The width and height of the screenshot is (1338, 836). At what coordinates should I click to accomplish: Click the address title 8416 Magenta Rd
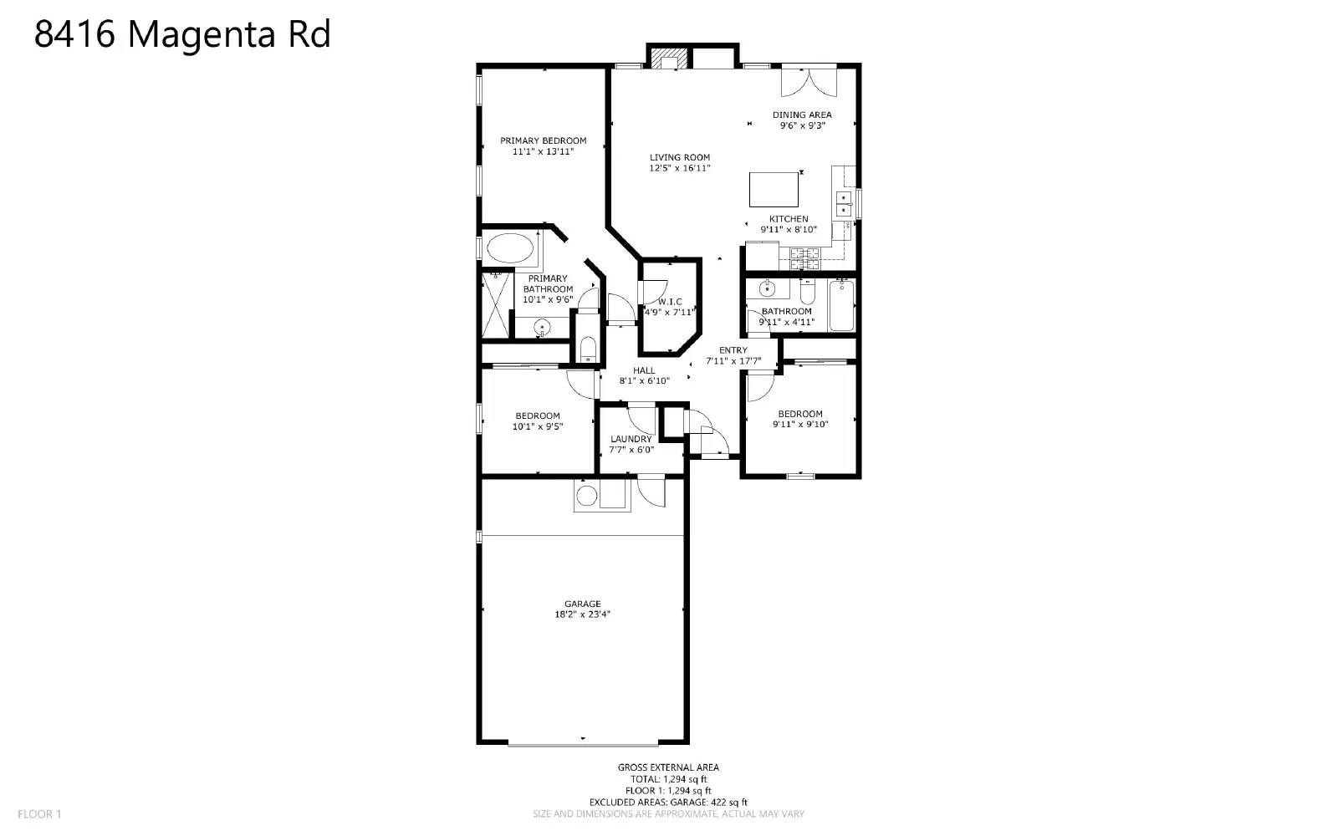point(182,35)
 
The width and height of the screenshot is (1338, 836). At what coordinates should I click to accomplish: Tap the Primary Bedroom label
point(543,140)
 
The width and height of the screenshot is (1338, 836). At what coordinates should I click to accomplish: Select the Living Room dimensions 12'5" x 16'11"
point(680,168)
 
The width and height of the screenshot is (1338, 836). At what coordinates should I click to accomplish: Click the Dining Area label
point(801,115)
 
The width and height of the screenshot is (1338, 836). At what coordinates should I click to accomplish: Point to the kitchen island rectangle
point(774,189)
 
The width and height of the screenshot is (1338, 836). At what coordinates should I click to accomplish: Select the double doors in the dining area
point(808,83)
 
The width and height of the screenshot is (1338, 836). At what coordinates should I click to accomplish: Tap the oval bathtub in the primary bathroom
point(510,248)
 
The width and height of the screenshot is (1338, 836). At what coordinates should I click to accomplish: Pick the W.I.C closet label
point(670,302)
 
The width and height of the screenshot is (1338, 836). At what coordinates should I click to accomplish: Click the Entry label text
point(733,350)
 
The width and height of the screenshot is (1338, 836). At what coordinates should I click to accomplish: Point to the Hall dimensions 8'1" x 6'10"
point(644,381)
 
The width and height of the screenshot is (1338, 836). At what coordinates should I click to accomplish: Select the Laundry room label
point(631,439)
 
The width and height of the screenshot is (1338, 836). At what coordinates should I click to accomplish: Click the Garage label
point(582,604)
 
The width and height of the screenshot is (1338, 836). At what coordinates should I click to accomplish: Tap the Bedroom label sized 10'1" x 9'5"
point(537,415)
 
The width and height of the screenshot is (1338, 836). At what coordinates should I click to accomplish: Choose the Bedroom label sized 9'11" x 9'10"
point(800,414)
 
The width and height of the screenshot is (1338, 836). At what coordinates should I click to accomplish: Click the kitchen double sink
point(844,204)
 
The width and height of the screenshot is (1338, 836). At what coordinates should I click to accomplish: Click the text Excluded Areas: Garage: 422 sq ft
point(668,802)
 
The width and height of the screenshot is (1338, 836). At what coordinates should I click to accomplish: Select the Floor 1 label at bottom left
point(39,813)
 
